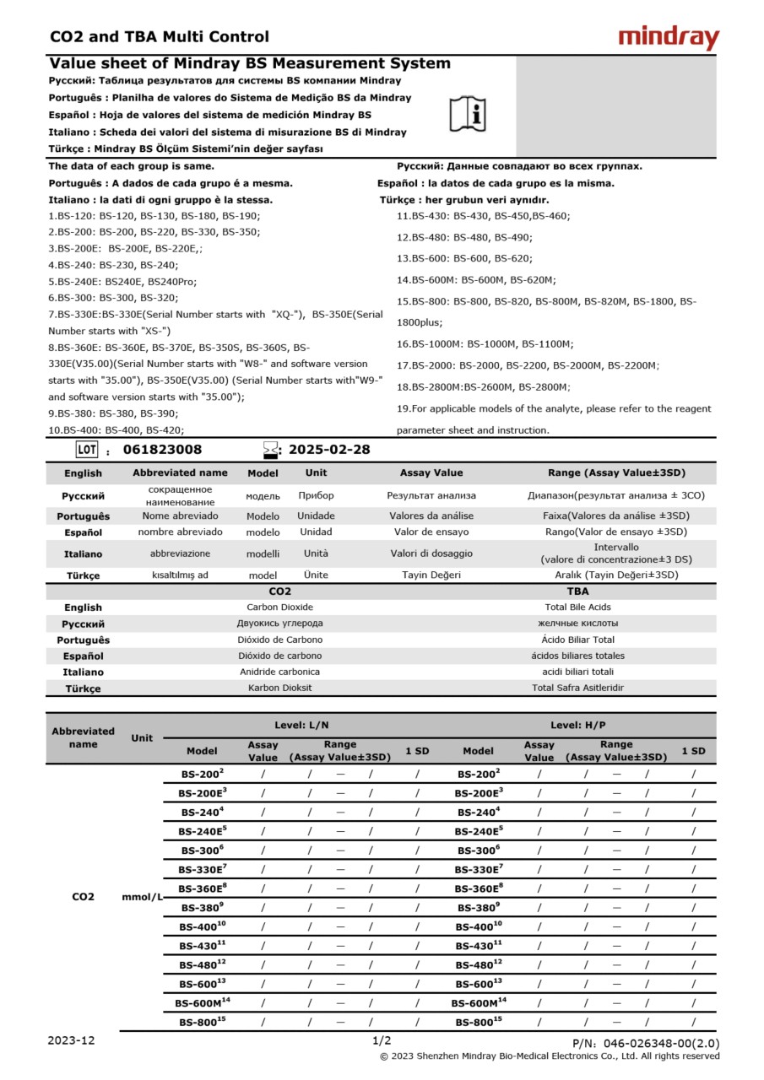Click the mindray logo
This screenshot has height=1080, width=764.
click(669, 37)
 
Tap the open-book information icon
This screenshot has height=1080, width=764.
click(467, 114)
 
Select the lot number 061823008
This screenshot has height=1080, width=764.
click(162, 450)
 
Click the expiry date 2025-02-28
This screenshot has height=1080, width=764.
click(329, 450)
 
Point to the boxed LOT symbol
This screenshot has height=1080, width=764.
click(87, 449)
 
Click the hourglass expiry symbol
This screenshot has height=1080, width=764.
click(270, 449)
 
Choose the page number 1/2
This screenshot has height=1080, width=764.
click(382, 1040)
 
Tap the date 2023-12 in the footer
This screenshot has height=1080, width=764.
click(72, 1040)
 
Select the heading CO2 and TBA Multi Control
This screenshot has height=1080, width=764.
click(160, 36)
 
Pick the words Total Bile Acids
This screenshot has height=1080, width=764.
click(578, 607)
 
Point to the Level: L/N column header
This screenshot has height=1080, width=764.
click(301, 725)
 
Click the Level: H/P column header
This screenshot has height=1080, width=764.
click(577, 725)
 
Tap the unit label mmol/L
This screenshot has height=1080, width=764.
click(142, 897)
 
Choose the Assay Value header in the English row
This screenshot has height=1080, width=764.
click(431, 472)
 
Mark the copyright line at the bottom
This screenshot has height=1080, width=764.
click(550, 1056)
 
